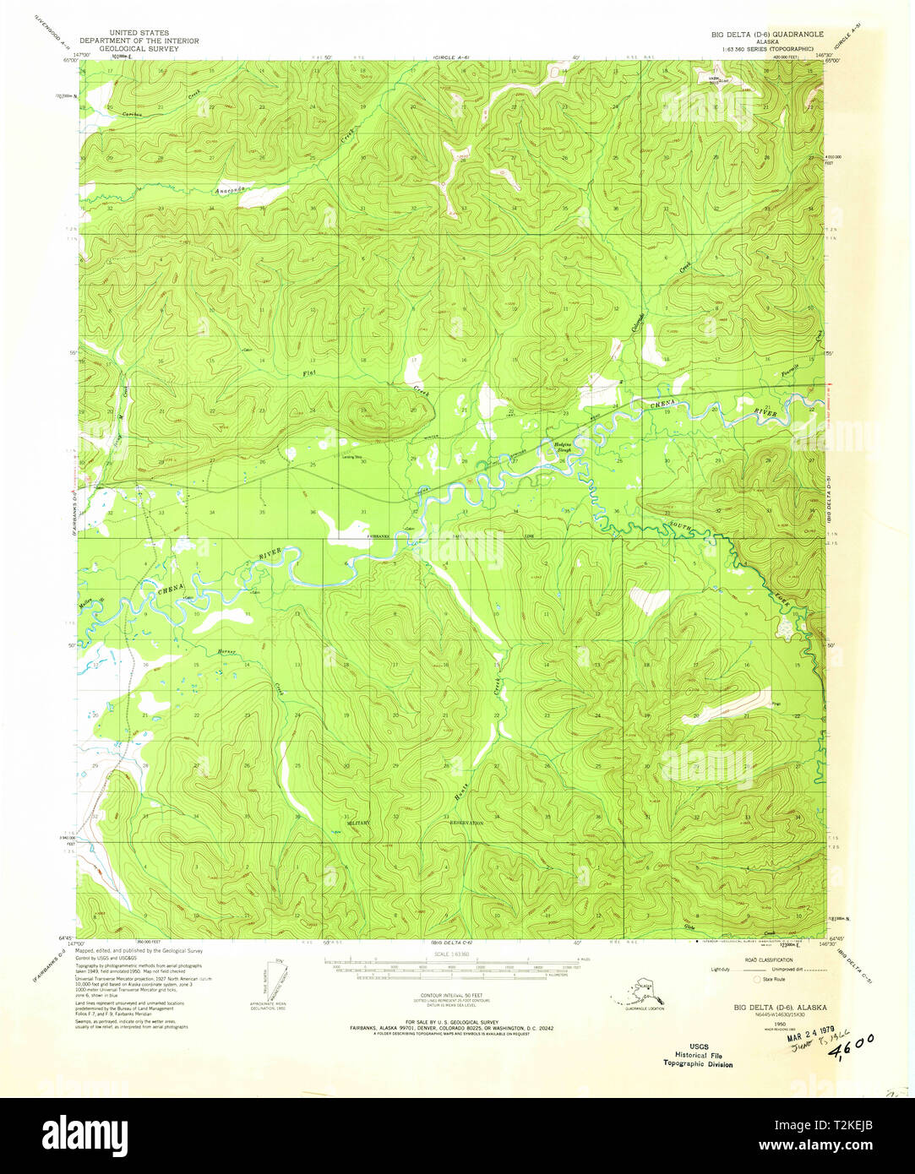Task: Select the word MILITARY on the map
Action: [x=358, y=821]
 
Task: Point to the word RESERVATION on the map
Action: [x=465, y=822]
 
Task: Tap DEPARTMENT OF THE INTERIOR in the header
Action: [x=139, y=41]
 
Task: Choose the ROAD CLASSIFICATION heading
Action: [x=769, y=961]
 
